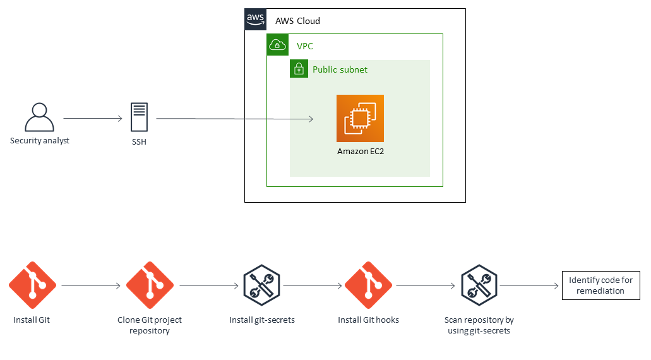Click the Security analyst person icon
click(x=39, y=117)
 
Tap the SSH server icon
click(x=139, y=117)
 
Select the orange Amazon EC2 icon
click(x=360, y=118)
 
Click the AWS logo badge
click(x=256, y=20)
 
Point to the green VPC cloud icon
click(x=278, y=45)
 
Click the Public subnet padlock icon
click(x=299, y=69)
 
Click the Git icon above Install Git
click(x=32, y=285)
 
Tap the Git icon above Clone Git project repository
click(x=150, y=285)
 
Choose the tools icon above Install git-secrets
click(x=261, y=285)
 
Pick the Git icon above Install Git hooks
click(x=368, y=285)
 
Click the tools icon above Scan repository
click(x=479, y=285)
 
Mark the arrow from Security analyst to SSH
click(x=92, y=118)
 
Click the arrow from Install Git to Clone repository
click(x=91, y=286)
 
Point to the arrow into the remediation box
click(x=529, y=286)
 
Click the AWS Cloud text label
click(x=297, y=21)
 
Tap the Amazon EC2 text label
click(x=360, y=152)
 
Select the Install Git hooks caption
click(x=368, y=320)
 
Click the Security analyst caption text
click(x=40, y=140)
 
